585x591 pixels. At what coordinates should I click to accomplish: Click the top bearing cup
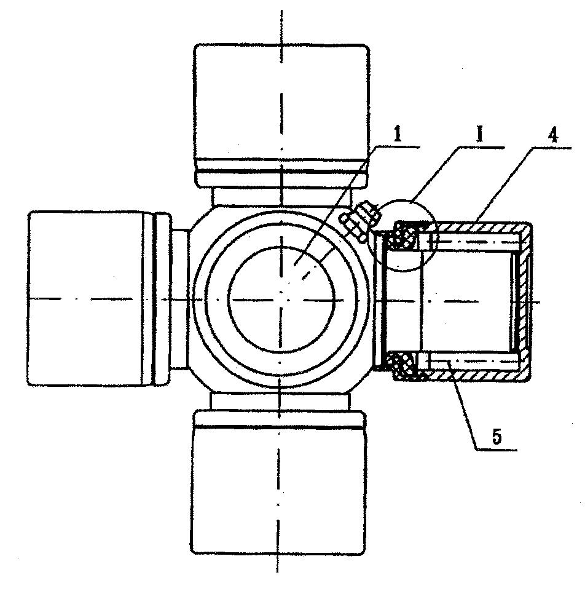(x=281, y=116)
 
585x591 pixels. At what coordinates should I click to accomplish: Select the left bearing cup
(x=100, y=298)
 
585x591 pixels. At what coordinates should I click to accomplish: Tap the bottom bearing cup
(x=279, y=482)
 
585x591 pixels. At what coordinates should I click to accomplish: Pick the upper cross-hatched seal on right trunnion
(x=404, y=236)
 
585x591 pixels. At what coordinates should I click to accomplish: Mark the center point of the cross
(x=281, y=299)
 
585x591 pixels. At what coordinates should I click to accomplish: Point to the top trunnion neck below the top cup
(x=281, y=197)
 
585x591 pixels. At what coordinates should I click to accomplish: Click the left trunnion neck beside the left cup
(x=179, y=298)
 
